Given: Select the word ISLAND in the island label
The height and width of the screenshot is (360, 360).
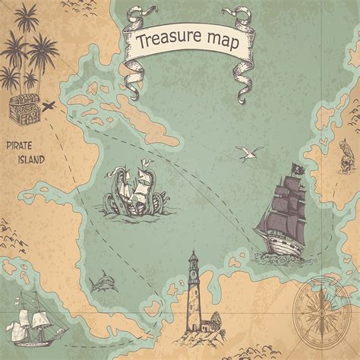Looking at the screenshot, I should point(32,159).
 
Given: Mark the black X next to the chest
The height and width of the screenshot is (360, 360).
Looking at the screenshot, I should point(50,105).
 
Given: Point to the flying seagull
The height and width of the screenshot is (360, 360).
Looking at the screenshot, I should point(248,153).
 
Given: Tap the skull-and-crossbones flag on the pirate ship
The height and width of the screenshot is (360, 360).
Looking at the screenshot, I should point(296,169).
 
